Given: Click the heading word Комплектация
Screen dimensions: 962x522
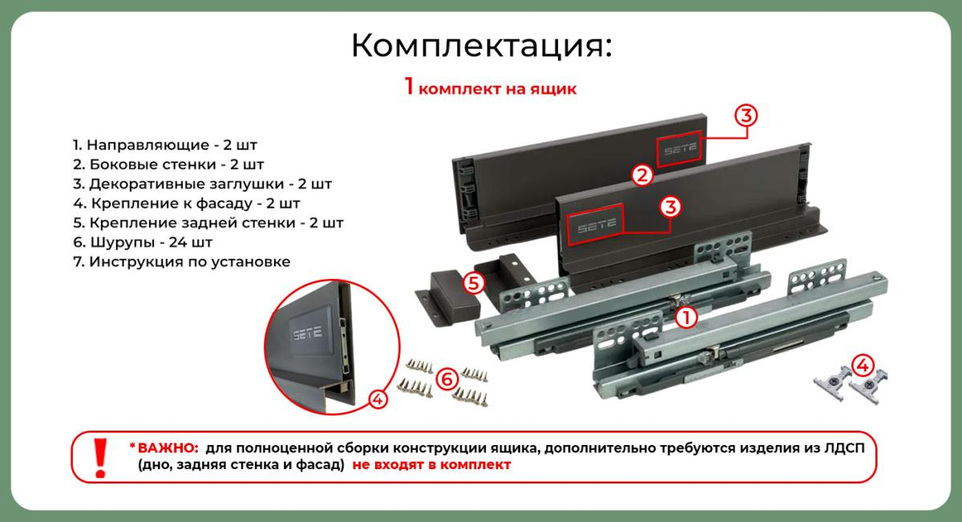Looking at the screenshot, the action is (x=481, y=46).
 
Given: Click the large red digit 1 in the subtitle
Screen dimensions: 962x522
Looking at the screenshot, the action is (x=409, y=86).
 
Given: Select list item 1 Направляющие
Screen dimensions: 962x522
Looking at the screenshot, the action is (x=165, y=145).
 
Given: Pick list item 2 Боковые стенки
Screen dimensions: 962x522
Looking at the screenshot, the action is (x=168, y=164).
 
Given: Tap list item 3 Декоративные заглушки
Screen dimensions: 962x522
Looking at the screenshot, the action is (x=202, y=184).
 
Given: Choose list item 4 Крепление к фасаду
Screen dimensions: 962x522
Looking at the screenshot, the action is (x=186, y=203).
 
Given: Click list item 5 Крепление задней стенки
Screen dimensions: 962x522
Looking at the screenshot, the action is (x=208, y=223).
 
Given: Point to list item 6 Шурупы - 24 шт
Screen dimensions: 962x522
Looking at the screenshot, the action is (x=143, y=242).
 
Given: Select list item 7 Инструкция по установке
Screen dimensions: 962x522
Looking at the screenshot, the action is (x=182, y=261).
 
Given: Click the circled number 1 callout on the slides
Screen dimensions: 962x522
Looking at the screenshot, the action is (x=686, y=318).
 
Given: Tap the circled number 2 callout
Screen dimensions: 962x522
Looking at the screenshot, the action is (x=642, y=176).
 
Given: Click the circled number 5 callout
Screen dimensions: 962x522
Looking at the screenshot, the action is (x=474, y=283).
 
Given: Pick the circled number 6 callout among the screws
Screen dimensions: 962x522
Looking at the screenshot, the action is (x=447, y=379).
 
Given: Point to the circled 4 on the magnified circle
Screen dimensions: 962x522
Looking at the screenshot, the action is (x=378, y=399).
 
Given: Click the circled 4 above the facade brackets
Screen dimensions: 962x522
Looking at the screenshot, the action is (x=863, y=366).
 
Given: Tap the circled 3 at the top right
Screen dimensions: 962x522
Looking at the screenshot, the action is (x=746, y=115).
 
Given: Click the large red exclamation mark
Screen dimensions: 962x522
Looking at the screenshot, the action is (x=100, y=458).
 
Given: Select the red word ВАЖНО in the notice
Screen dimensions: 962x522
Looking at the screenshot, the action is (x=168, y=448).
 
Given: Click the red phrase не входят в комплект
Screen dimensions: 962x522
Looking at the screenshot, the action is (x=431, y=465).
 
